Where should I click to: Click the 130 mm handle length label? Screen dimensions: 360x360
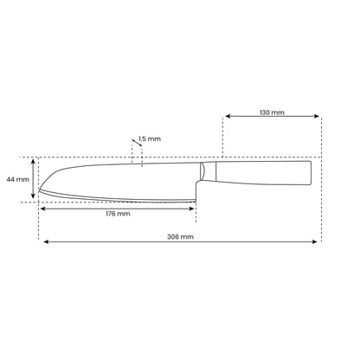272,112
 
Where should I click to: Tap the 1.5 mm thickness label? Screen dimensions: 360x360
150,138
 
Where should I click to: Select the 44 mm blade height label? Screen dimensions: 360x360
18,179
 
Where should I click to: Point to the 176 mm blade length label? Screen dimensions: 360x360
118,214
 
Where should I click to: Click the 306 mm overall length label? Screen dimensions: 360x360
180,237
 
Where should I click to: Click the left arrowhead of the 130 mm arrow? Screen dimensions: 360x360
228,116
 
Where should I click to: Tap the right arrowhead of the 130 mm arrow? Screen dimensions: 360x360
317,116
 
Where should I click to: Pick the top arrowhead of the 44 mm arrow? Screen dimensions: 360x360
33,161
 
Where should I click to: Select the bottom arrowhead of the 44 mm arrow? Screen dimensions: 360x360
33,196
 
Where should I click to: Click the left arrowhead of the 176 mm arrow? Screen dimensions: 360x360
43,209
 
